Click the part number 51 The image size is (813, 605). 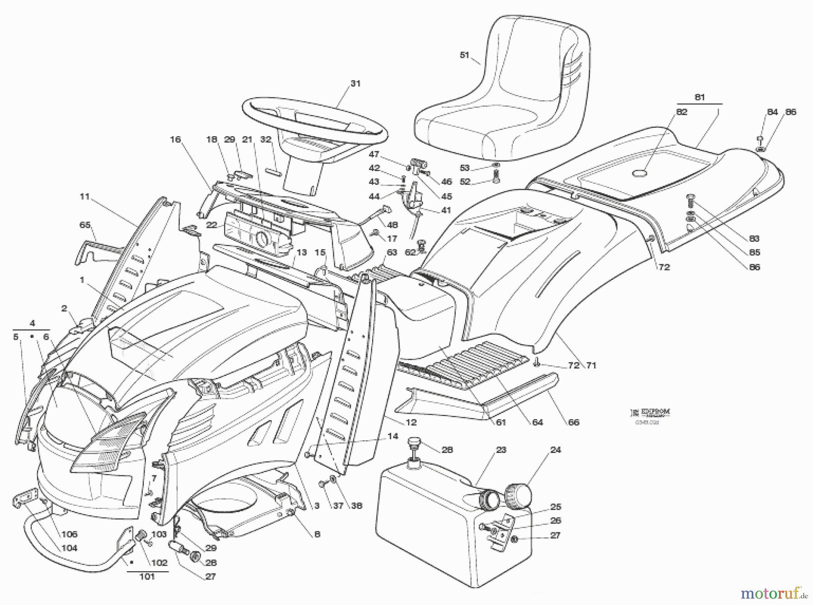pyautogui.click(x=464, y=55)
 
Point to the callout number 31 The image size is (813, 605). pyautogui.click(x=355, y=83)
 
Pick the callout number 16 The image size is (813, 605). pyautogui.click(x=175, y=139)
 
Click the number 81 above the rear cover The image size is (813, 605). pyautogui.click(x=699, y=97)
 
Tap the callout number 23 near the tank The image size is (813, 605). pyautogui.click(x=501, y=450)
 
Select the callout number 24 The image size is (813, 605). pyautogui.click(x=556, y=450)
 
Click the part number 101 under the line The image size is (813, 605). pyautogui.click(x=147, y=577)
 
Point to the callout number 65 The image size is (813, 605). pyautogui.click(x=85, y=225)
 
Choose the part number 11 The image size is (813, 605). pyautogui.click(x=85, y=196)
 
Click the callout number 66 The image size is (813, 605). pyautogui.click(x=573, y=422)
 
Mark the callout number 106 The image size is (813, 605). pyautogui.click(x=70, y=534)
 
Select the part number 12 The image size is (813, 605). pyautogui.click(x=411, y=423)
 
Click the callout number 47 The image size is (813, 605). pyautogui.click(x=374, y=154)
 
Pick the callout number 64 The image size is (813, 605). pyautogui.click(x=537, y=422)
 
